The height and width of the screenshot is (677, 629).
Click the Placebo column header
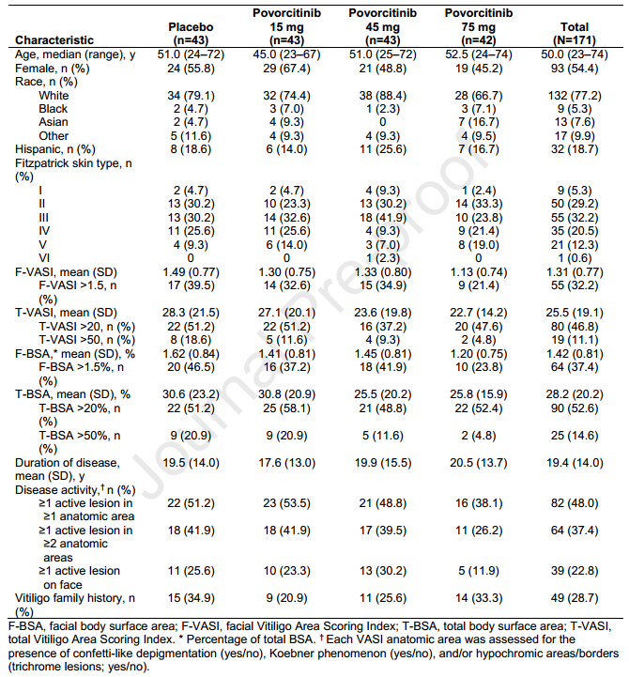click(191, 33)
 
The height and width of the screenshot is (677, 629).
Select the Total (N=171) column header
click(575, 33)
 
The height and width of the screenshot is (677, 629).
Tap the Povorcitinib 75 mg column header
click(479, 26)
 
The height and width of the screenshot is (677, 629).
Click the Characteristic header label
click(54, 40)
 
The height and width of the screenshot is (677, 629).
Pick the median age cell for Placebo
click(191, 54)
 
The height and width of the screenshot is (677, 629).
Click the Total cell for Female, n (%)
click(575, 69)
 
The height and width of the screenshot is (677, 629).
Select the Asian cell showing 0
click(382, 122)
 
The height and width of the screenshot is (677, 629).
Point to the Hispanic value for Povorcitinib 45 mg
click(382, 149)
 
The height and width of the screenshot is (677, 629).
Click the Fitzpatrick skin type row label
click(73, 170)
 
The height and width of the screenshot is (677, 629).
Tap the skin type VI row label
click(44, 258)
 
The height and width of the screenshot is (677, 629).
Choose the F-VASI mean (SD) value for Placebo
click(191, 272)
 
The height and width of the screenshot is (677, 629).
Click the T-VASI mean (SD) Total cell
click(575, 313)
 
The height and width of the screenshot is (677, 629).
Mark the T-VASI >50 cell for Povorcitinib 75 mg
click(479, 340)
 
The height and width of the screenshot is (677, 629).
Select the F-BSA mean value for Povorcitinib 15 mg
click(286, 354)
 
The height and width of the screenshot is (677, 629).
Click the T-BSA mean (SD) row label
click(72, 394)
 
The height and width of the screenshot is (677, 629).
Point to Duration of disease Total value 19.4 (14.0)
click(575, 463)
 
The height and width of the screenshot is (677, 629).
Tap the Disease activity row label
click(75, 489)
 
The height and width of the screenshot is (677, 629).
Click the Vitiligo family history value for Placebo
click(191, 598)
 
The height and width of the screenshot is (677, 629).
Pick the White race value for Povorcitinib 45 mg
click(382, 96)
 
